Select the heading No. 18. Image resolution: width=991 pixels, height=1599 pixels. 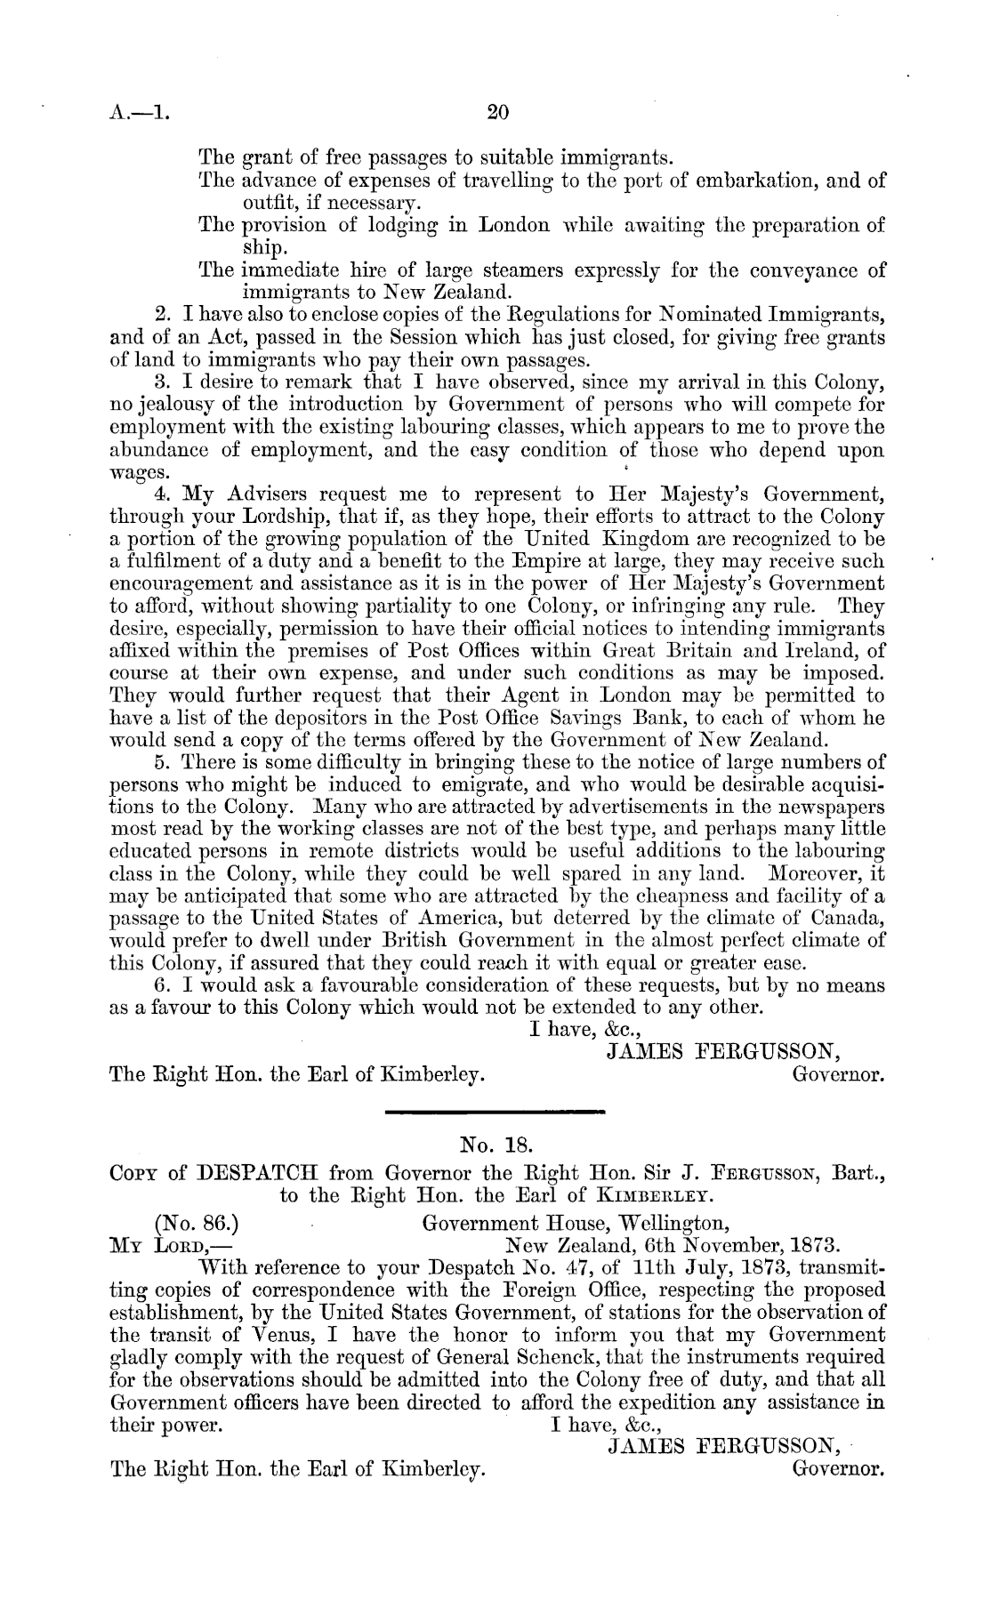pos(495,1143)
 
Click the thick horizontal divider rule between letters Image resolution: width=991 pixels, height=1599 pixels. pos(495,1111)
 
